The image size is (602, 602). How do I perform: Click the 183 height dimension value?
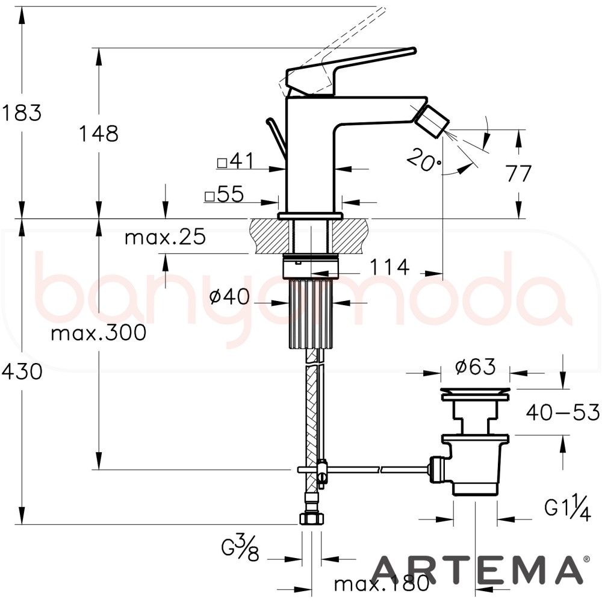pos(21,113)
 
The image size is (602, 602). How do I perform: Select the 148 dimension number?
pos(98,134)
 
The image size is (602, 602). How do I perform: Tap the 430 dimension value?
pos(22,371)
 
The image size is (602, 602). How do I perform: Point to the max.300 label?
pos(98,332)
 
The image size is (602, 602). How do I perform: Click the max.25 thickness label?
pos(165,237)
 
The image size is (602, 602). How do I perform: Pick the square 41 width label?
pos(235,161)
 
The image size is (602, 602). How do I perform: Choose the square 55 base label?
pos(224,194)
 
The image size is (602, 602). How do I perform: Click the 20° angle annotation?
pos(424,160)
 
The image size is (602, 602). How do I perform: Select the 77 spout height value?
pos(519,173)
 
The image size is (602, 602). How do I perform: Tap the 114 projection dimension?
pos(389,267)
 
